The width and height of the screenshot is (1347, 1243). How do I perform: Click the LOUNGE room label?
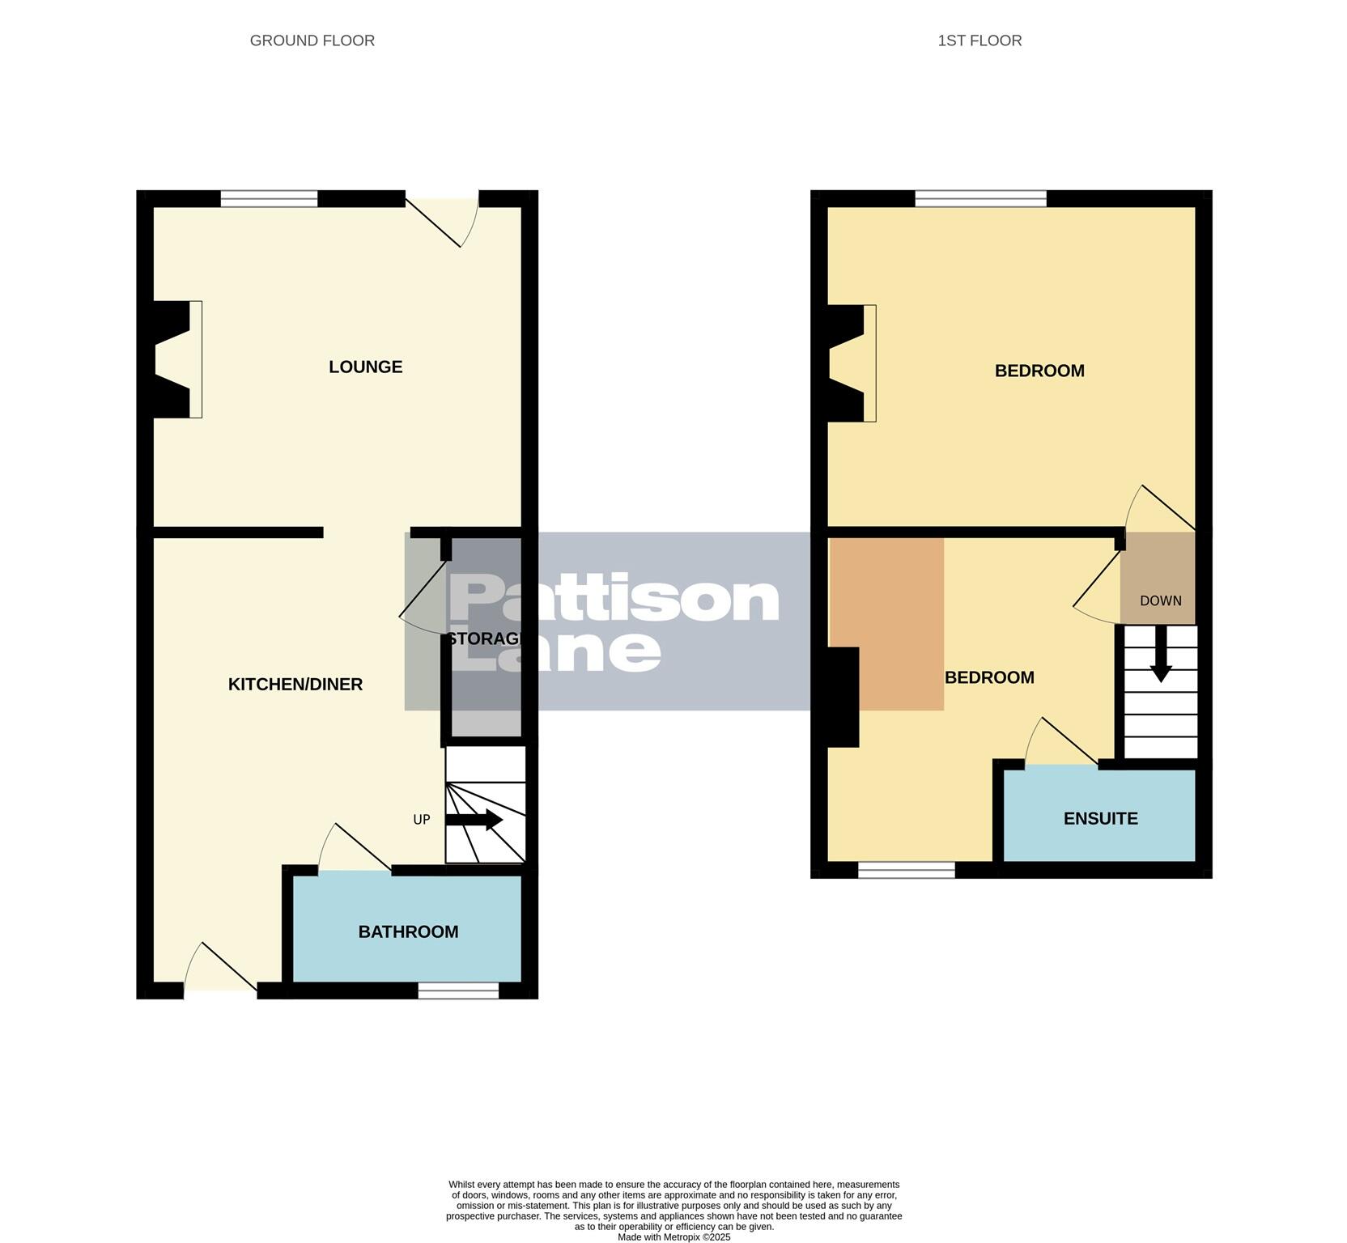(365, 367)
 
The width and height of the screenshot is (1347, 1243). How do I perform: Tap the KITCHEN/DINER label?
(295, 685)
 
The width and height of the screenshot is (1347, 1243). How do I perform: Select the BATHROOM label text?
(408, 932)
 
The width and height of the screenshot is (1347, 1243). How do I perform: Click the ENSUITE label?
(1100, 819)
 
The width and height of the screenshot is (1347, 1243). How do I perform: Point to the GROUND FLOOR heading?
(312, 40)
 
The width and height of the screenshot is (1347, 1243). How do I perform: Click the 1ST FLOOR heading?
(979, 40)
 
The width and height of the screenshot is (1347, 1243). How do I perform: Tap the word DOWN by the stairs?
(1160, 601)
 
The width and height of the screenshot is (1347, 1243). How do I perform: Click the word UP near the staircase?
(421, 820)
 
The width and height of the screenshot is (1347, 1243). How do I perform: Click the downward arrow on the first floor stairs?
(1161, 654)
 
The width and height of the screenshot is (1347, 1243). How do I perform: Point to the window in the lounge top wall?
(269, 199)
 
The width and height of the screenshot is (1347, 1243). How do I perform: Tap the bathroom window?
(458, 991)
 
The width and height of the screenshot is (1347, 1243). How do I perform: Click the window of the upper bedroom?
(980, 198)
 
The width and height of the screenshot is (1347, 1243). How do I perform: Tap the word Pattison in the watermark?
(614, 599)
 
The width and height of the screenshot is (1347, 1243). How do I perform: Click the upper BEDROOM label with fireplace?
(1039, 371)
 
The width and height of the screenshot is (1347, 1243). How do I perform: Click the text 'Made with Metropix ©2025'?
(673, 1237)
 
